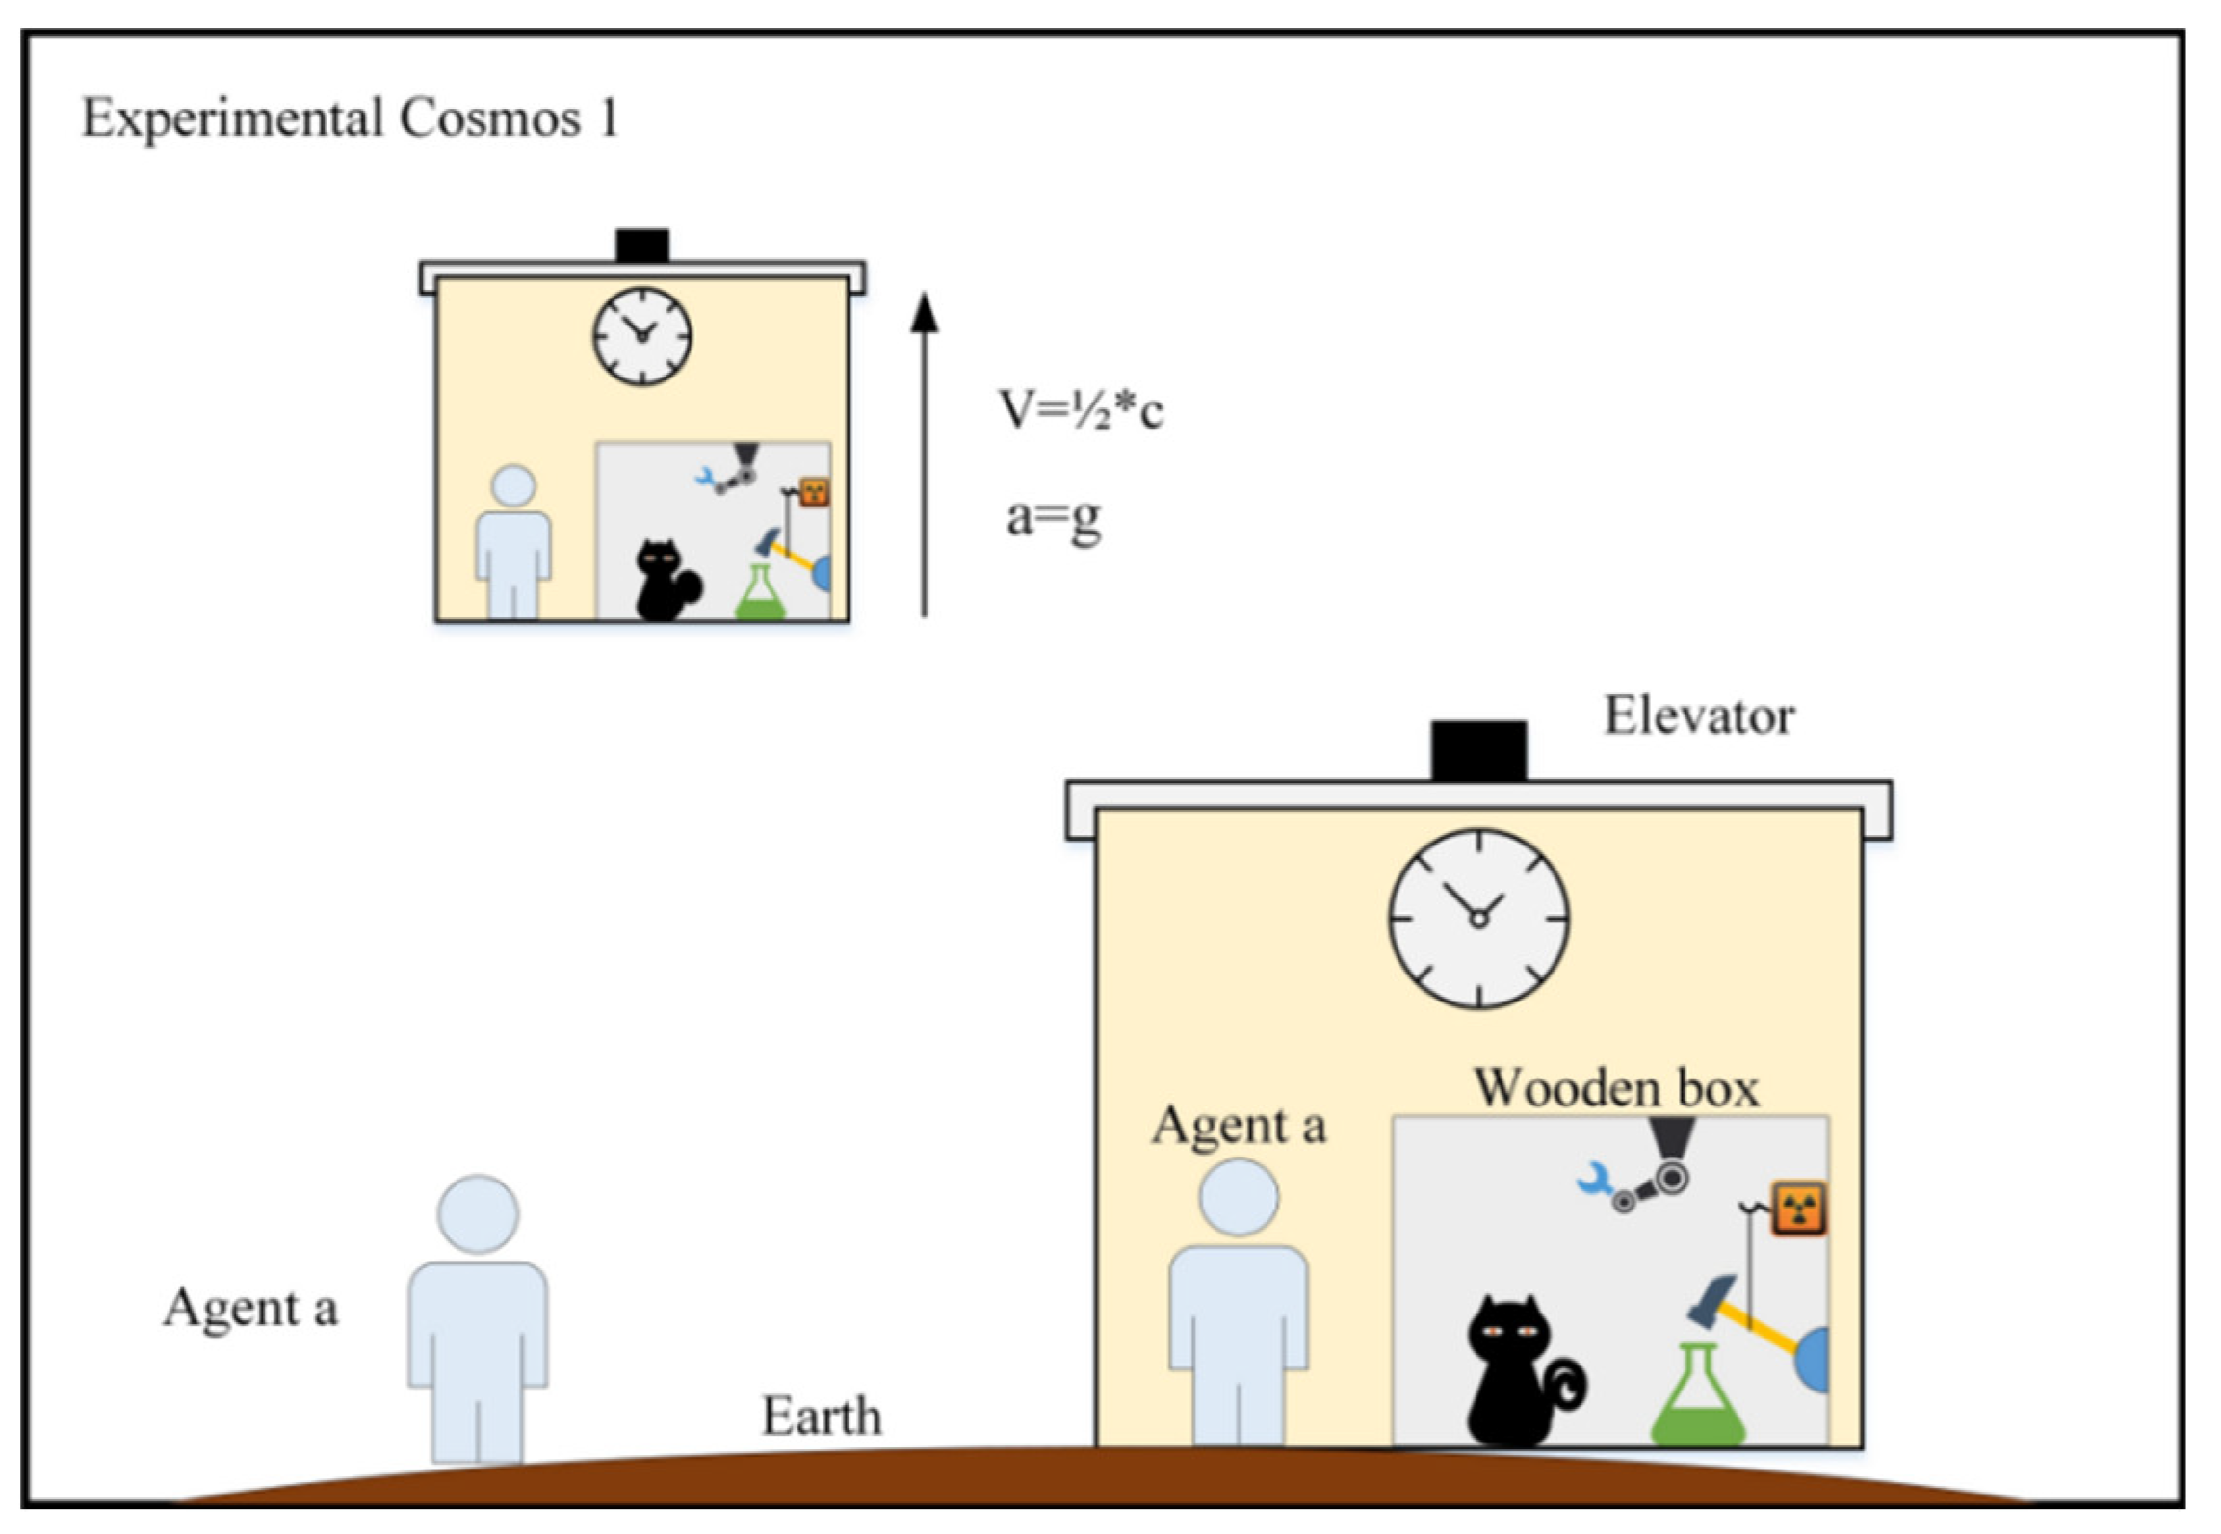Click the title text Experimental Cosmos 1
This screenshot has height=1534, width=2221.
tap(350, 119)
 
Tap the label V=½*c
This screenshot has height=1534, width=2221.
tap(1080, 409)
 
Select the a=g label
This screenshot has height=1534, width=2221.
tap(1053, 518)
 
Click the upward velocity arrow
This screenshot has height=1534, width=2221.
tap(924, 453)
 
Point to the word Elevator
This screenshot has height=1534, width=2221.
tap(1698, 716)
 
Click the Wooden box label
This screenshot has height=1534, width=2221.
tap(1616, 1089)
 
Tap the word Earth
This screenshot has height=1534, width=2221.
tap(822, 1417)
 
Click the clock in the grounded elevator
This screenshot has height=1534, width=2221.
tap(1477, 918)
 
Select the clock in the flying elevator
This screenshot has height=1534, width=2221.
tap(641, 336)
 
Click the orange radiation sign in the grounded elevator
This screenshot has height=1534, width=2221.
tap(1798, 1208)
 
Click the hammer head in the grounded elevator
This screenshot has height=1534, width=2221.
tap(1712, 1299)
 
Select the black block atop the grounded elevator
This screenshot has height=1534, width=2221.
tap(1477, 750)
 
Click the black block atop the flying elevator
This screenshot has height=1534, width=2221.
tap(642, 245)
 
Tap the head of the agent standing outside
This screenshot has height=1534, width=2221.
tap(478, 1213)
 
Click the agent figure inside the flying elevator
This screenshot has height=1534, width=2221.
tap(513, 539)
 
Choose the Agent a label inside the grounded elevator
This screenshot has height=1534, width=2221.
tap(1239, 1126)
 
